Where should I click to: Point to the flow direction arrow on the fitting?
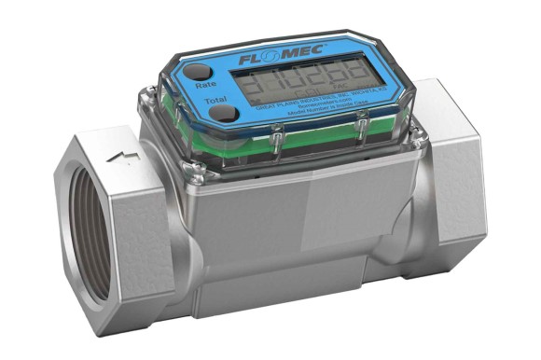122,156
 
